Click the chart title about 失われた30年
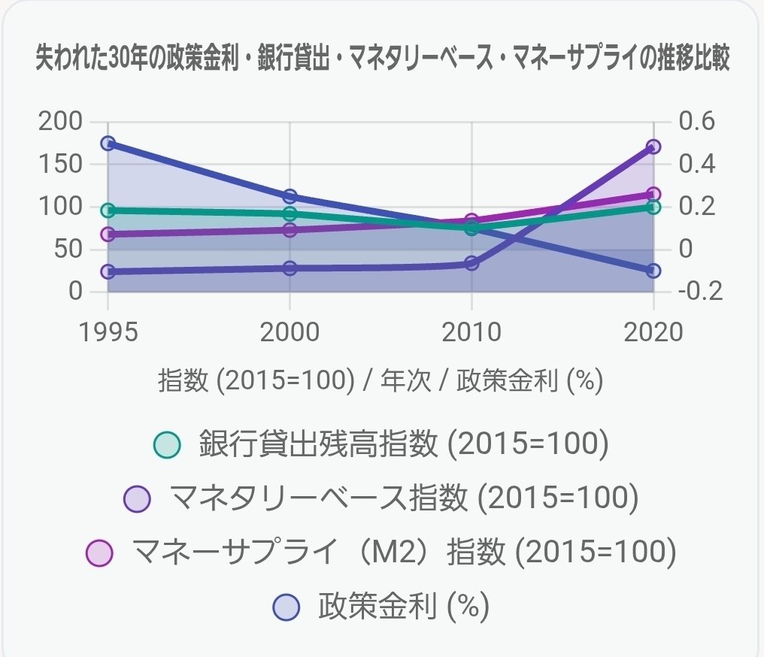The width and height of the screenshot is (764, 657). (x=383, y=59)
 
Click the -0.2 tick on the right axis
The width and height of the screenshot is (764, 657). (x=699, y=291)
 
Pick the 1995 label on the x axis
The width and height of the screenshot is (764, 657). (x=108, y=332)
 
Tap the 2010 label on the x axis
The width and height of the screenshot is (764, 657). (x=471, y=332)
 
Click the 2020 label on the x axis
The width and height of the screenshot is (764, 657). (x=653, y=332)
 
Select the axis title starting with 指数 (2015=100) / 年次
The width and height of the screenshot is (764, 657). (x=381, y=381)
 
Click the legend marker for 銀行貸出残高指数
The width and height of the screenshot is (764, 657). (x=166, y=445)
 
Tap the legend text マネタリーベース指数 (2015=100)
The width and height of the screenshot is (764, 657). (x=404, y=498)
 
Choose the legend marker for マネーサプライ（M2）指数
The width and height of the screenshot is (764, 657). (x=99, y=553)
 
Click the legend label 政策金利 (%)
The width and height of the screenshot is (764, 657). (x=404, y=606)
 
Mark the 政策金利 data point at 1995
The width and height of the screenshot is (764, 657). (x=108, y=143)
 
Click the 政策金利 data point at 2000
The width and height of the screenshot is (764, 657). (x=290, y=196)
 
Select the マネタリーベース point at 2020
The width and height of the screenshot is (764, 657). (x=653, y=147)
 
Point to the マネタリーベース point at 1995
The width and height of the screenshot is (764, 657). (x=108, y=271)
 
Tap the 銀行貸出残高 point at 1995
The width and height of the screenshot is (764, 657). (x=108, y=210)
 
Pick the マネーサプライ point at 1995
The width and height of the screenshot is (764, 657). (x=108, y=234)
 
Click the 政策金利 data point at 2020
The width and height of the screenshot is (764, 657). (x=653, y=271)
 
